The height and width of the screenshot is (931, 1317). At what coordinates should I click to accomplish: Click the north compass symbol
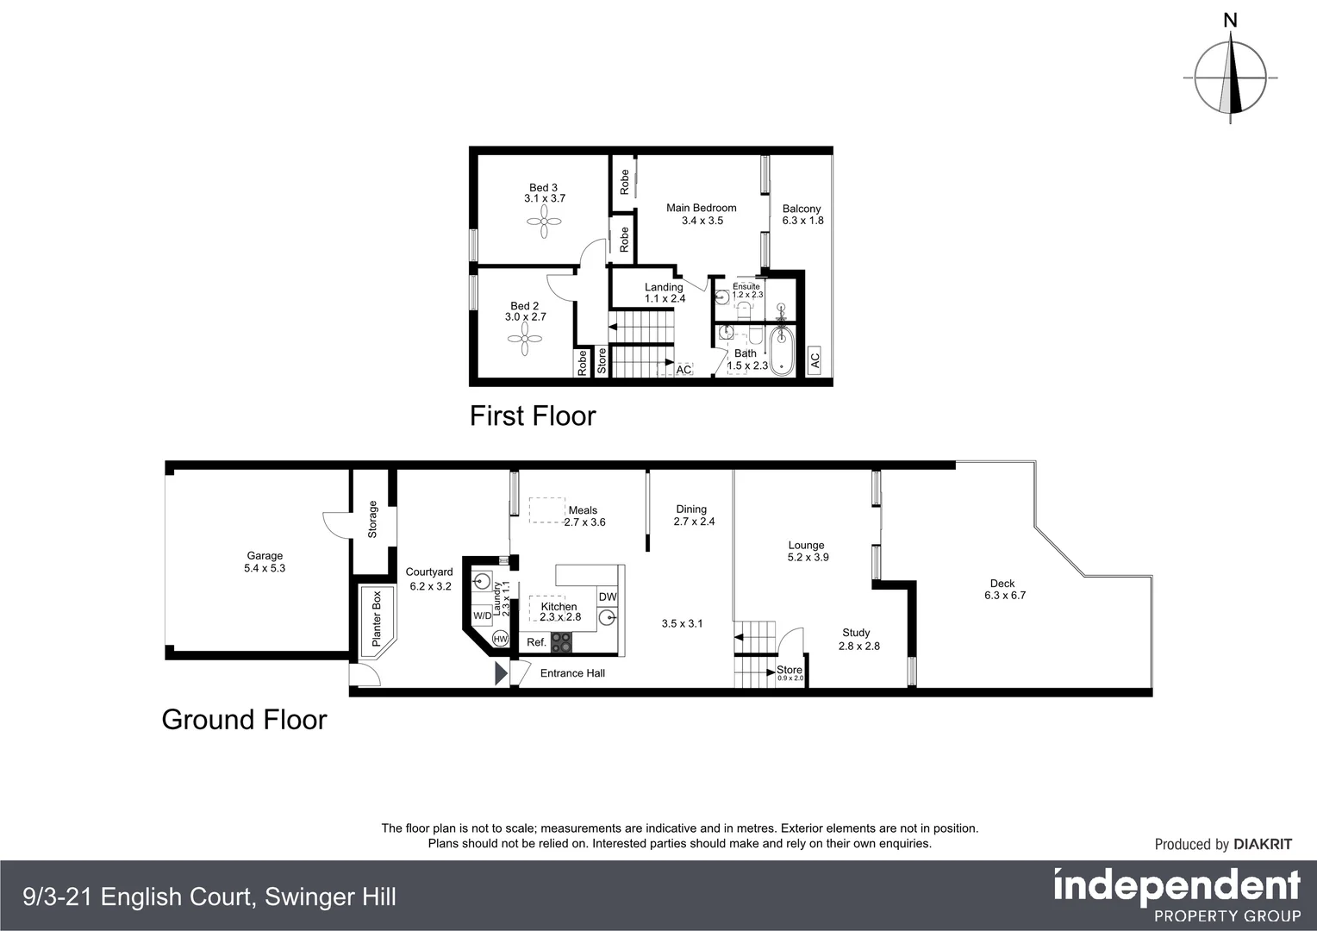click(x=1231, y=77)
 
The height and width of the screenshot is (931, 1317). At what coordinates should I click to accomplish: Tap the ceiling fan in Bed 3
click(x=544, y=226)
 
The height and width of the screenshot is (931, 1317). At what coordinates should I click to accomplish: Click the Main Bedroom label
click(x=702, y=214)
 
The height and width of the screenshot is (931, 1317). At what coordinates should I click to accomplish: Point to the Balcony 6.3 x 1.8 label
click(x=802, y=215)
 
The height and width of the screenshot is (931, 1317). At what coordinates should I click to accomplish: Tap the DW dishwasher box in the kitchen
click(x=608, y=597)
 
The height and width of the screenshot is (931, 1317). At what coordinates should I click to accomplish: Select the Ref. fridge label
click(x=536, y=642)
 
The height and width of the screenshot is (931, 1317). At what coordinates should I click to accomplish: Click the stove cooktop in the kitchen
click(x=562, y=642)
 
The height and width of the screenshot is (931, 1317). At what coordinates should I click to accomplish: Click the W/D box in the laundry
click(x=482, y=615)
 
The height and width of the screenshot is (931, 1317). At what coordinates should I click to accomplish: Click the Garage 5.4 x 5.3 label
click(x=265, y=562)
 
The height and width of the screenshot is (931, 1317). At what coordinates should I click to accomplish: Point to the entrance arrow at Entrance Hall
click(x=501, y=673)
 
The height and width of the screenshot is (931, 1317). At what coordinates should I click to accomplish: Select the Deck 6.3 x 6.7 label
click(x=1003, y=590)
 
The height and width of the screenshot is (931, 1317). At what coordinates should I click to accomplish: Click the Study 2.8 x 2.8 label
click(x=858, y=639)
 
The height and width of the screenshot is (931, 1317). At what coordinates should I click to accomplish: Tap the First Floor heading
click(x=533, y=416)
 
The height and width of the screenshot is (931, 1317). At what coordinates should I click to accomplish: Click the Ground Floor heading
click(x=244, y=720)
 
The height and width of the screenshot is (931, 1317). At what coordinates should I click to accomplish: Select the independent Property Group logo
click(x=1177, y=896)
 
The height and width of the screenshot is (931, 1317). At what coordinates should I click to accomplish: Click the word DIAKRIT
click(x=1263, y=845)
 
